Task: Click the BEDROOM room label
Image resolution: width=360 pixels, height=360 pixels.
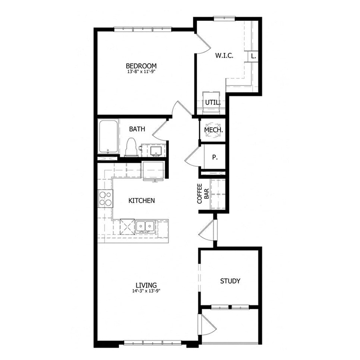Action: (x=141, y=66)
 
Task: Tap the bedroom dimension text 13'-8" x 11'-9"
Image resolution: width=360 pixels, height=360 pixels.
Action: (x=141, y=72)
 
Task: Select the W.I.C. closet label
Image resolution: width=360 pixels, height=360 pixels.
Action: (x=224, y=56)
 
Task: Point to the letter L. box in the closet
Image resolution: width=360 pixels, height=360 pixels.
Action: (x=253, y=56)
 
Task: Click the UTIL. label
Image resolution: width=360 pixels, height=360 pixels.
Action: (x=213, y=102)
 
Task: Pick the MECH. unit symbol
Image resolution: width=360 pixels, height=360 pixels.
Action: (x=213, y=130)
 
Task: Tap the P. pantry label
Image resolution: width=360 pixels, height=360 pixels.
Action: (x=215, y=157)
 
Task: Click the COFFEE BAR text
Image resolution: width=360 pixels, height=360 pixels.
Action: (x=204, y=194)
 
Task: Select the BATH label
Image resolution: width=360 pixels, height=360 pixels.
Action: (x=137, y=129)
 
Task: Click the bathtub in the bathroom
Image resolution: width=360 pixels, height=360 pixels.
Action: (x=108, y=137)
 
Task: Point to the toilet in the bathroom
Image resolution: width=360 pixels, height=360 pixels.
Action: (x=131, y=147)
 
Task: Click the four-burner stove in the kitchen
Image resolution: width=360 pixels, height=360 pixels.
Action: (x=106, y=198)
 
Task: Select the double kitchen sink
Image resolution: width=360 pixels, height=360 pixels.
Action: (x=145, y=226)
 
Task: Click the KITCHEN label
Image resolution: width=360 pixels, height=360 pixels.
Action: (x=141, y=200)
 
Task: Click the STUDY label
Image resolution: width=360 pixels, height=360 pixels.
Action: (x=230, y=281)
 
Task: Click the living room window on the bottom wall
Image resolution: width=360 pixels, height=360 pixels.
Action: (x=153, y=342)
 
